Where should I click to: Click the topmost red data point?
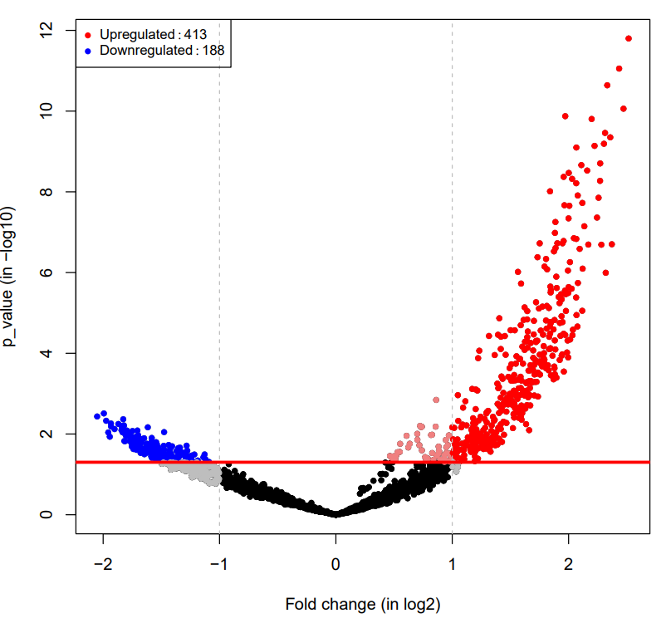[629, 38]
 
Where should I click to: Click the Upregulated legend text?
[137, 35]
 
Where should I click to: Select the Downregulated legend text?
[145, 51]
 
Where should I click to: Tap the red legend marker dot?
[88, 35]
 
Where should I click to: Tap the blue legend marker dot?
[88, 51]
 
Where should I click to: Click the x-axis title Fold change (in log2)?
[362, 604]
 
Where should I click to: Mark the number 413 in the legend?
[195, 35]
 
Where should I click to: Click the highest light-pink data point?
[436, 400]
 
